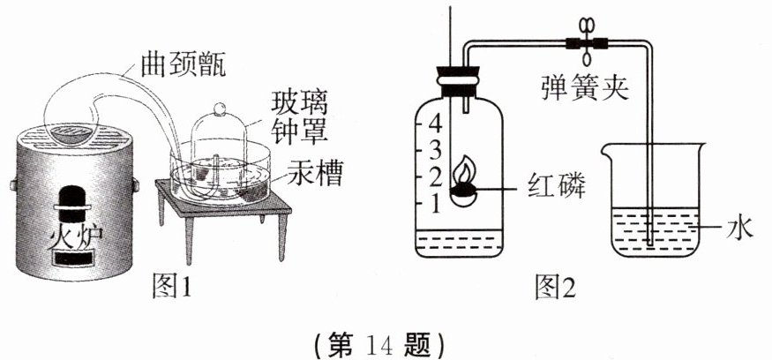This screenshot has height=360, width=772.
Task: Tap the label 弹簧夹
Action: tap(585, 86)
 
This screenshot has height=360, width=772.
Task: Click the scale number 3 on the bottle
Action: tap(432, 146)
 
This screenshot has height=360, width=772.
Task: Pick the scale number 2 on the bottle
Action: tap(432, 175)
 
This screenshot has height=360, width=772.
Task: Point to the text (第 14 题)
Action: tap(386, 341)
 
